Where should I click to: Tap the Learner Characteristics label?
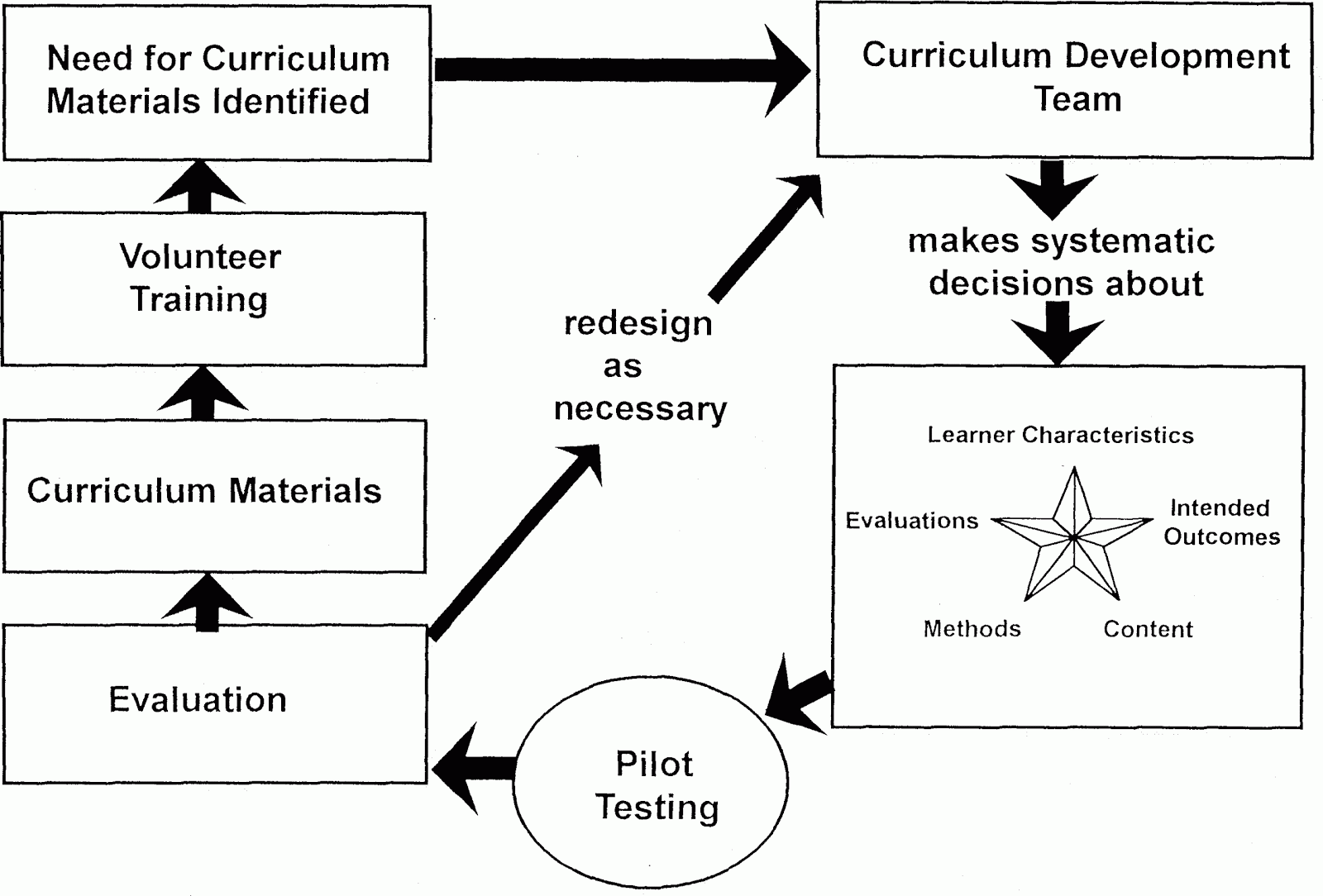click(x=1060, y=435)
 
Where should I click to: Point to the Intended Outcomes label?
click(x=1221, y=522)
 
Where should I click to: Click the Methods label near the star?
click(x=972, y=629)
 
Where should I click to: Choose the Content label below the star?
click(x=1149, y=629)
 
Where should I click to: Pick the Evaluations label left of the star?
click(x=912, y=521)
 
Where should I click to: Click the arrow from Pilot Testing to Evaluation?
click(x=474, y=768)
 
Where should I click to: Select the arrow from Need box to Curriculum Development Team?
click(x=622, y=70)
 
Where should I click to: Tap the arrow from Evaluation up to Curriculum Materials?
click(x=207, y=602)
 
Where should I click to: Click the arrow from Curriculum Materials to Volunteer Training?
click(x=203, y=393)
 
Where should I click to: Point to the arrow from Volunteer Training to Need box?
click(x=199, y=187)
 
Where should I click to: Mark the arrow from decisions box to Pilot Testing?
click(x=800, y=694)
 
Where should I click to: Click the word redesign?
click(x=638, y=324)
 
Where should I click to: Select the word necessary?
click(x=640, y=409)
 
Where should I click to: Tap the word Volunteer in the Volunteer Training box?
click(x=200, y=257)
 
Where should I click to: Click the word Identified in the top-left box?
click(x=290, y=101)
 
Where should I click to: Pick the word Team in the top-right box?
click(x=1077, y=98)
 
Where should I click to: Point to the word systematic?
click(x=1122, y=241)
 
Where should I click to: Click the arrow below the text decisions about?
click(x=1058, y=333)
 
